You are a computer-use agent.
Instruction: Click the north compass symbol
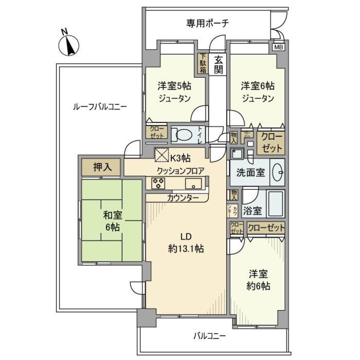pyautogui.click(x=69, y=45)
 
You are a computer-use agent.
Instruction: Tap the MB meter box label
pyautogui.click(x=278, y=47)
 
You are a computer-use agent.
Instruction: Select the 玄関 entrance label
pyautogui.click(x=217, y=64)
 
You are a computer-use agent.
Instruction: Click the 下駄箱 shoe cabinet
pyautogui.click(x=202, y=64)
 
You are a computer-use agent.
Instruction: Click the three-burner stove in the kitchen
pyautogui.click(x=158, y=183)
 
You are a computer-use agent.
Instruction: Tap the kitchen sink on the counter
pyautogui.click(x=193, y=183)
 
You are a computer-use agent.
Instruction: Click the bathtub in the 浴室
pyautogui.click(x=275, y=203)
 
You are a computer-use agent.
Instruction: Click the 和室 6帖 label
pyautogui.click(x=111, y=220)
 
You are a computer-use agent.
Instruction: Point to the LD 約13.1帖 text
pyautogui.click(x=186, y=243)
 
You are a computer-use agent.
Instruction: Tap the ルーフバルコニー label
pyautogui.click(x=100, y=106)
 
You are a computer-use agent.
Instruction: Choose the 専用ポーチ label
pyautogui.click(x=207, y=24)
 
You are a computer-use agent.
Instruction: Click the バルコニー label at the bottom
pyautogui.click(x=210, y=336)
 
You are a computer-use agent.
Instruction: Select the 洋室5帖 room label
pyautogui.click(x=174, y=86)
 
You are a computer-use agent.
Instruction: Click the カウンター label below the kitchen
pyautogui.click(x=181, y=198)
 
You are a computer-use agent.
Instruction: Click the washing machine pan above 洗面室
pyautogui.click(x=237, y=153)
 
